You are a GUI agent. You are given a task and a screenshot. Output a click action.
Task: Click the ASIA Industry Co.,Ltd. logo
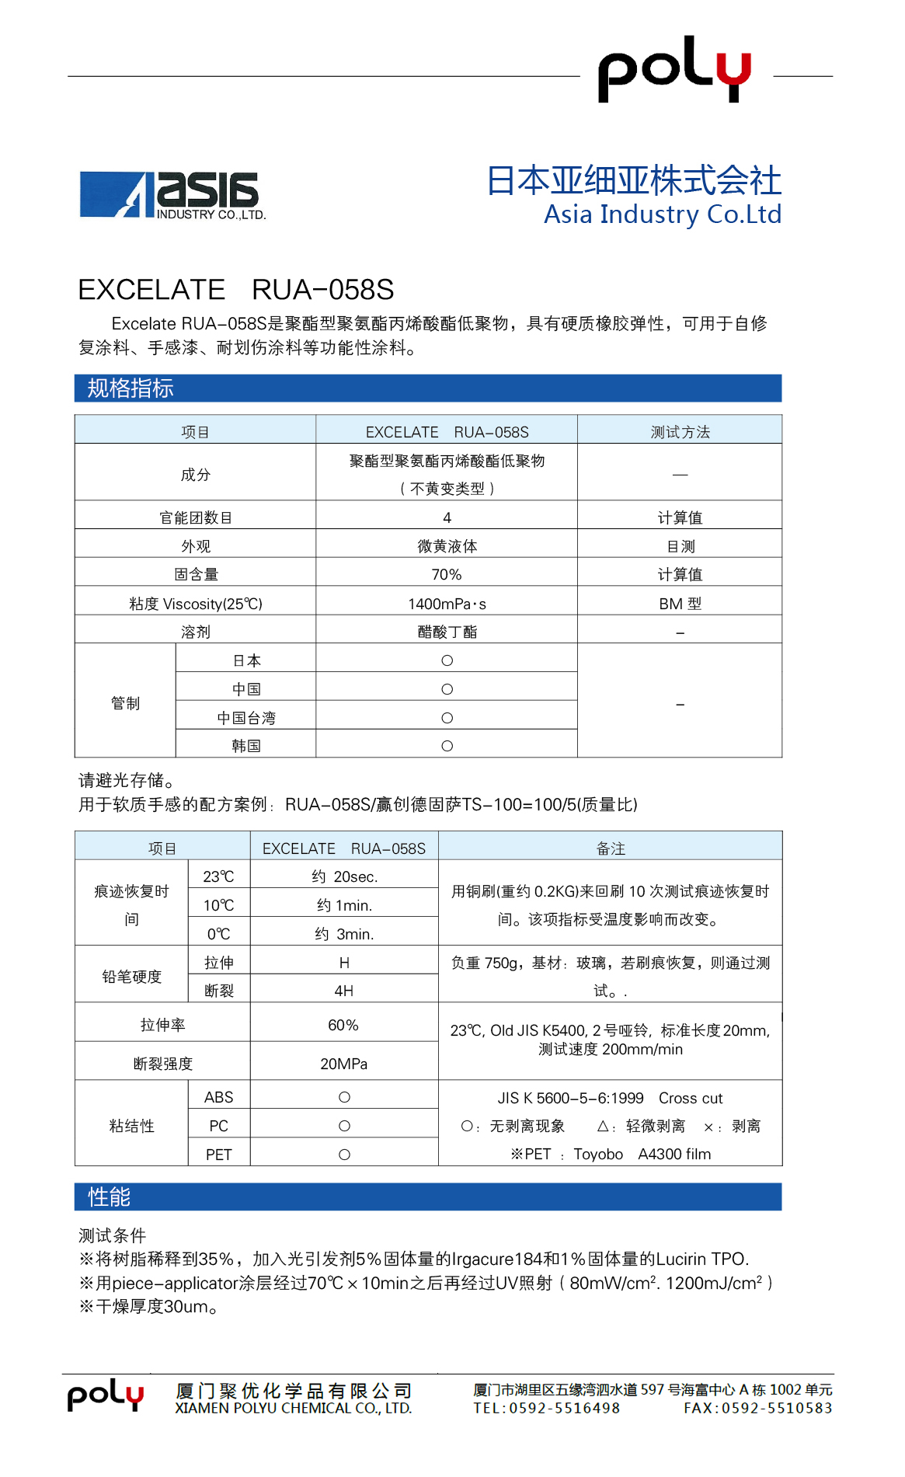pyautogui.click(x=172, y=195)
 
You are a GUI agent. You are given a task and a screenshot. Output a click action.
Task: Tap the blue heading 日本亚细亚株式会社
pyautogui.click(x=633, y=180)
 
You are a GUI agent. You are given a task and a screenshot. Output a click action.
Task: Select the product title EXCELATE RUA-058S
pyautogui.click(x=235, y=290)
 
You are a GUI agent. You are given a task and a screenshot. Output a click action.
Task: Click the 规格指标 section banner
pyautogui.click(x=427, y=388)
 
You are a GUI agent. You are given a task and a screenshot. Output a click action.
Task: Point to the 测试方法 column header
pyautogui.click(x=680, y=432)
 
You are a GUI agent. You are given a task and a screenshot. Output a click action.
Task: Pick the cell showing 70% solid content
pyautogui.click(x=447, y=575)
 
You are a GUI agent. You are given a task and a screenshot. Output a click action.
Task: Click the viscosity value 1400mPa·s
pyautogui.click(x=447, y=604)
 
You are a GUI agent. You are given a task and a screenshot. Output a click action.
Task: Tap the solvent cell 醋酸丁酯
pyautogui.click(x=447, y=632)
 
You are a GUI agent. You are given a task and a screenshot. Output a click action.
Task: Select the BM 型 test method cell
pyautogui.click(x=680, y=604)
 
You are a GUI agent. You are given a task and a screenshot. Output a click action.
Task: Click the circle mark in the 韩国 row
pyautogui.click(x=447, y=746)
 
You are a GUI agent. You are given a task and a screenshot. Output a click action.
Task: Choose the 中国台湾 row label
pyautogui.click(x=246, y=718)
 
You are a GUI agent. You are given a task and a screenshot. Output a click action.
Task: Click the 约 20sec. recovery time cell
pyautogui.click(x=344, y=877)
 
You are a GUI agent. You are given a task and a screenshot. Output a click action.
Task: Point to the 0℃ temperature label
pyautogui.click(x=218, y=934)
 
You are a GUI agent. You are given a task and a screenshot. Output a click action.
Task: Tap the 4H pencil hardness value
pyautogui.click(x=344, y=991)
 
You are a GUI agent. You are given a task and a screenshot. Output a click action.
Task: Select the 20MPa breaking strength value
pyautogui.click(x=344, y=1064)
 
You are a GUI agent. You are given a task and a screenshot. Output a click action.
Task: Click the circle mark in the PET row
pyautogui.click(x=344, y=1155)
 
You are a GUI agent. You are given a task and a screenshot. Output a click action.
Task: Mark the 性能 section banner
pyautogui.click(x=427, y=1197)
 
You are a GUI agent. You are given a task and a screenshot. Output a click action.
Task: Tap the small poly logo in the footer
pyautogui.click(x=106, y=1396)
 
